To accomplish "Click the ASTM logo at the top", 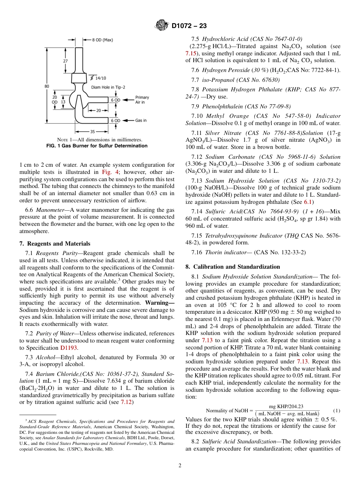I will pyautogui.click(x=162, y=26).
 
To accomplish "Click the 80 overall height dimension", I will pyautogui.click(x=47, y=86).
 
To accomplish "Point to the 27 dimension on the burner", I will pyautogui.click(x=66, y=60).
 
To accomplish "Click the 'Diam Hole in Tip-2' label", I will pyautogui.click(x=108, y=87).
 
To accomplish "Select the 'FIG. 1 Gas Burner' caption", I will pyautogui.click(x=97, y=146).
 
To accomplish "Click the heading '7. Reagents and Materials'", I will pyautogui.click(x=55, y=244).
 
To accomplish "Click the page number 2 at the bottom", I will pyautogui.click(x=180, y=465).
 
